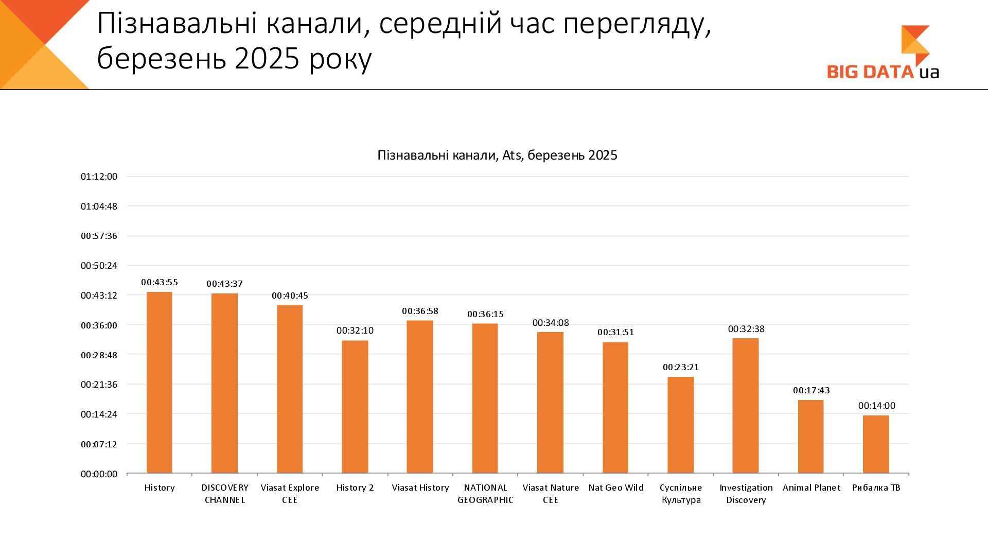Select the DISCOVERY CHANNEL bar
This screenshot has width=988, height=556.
coord(224,384)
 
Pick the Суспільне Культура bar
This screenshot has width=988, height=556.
coord(681,425)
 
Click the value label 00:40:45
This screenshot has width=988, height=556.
coord(290,296)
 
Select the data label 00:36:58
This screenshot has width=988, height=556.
coord(420,311)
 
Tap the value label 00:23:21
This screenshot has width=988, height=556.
coord(681,367)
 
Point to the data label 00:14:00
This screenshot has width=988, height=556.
coord(876,406)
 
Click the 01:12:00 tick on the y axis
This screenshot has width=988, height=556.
coord(99,177)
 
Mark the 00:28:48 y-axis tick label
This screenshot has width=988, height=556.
coord(99,355)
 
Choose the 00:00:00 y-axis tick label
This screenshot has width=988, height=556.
coord(99,474)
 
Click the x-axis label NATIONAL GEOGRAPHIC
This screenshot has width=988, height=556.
coord(485,494)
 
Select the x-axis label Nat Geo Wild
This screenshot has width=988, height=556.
coord(616,488)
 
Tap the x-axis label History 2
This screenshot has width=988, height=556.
coord(355,488)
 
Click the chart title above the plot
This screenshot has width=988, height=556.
coord(497,155)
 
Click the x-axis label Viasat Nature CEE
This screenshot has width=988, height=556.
coord(551,494)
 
